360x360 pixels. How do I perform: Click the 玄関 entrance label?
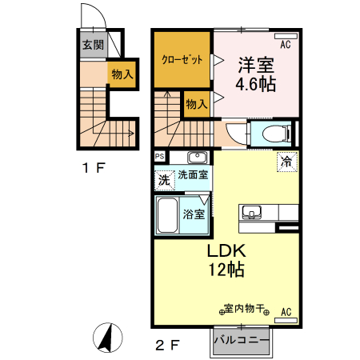tap(92, 46)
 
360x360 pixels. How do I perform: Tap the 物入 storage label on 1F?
tap(122, 74)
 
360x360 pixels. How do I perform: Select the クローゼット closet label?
tap(182, 60)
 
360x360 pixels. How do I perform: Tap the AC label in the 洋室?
tap(286, 44)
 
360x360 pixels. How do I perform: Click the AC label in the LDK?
tap(286, 313)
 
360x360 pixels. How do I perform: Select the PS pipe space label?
tap(160, 157)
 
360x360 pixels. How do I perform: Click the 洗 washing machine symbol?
tap(164, 181)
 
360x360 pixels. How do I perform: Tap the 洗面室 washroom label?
tap(192, 175)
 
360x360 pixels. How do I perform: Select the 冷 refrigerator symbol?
tap(287, 162)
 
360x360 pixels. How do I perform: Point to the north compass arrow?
tap(105, 337)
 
